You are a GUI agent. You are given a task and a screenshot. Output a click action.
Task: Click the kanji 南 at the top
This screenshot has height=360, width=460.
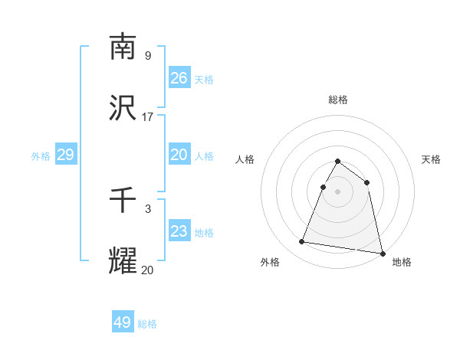[x=123, y=47]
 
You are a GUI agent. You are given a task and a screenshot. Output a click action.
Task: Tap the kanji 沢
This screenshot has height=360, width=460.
[x=123, y=108]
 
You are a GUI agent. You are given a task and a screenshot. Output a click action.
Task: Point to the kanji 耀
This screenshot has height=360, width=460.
[x=123, y=260]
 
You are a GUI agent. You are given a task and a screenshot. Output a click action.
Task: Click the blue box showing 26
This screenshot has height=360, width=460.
[x=179, y=78]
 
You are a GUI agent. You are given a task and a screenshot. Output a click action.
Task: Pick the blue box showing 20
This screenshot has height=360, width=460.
[x=179, y=155]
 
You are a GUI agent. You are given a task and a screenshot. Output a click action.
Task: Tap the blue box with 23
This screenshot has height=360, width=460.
[x=179, y=231]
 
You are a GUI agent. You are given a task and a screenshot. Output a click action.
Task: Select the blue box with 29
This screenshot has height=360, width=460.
[x=65, y=155]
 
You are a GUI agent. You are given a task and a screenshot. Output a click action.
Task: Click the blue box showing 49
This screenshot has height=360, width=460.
[x=123, y=322]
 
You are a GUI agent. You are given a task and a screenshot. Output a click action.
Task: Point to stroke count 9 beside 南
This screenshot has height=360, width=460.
[x=148, y=56]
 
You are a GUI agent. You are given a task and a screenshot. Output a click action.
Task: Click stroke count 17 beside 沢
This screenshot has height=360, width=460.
[x=148, y=117]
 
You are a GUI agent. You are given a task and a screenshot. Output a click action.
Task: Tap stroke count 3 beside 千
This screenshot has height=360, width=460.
[x=148, y=209]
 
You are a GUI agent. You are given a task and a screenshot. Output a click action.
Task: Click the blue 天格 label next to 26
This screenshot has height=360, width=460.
[x=204, y=80]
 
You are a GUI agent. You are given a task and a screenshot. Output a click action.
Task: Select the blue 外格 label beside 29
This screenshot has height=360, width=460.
[x=41, y=156]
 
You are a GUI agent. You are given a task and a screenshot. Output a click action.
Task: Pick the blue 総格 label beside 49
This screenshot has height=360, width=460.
[x=147, y=324]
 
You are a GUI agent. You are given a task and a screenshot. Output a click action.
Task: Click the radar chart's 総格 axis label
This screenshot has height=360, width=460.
[x=338, y=100]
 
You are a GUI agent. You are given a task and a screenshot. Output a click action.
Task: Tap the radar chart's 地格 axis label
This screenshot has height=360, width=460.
[x=402, y=263]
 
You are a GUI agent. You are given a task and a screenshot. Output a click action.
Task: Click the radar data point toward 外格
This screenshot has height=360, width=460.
[x=302, y=242]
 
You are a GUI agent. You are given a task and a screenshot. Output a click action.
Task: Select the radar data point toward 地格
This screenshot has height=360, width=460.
[x=381, y=253]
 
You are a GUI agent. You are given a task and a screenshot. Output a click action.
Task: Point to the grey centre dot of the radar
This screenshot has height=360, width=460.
[x=338, y=191]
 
